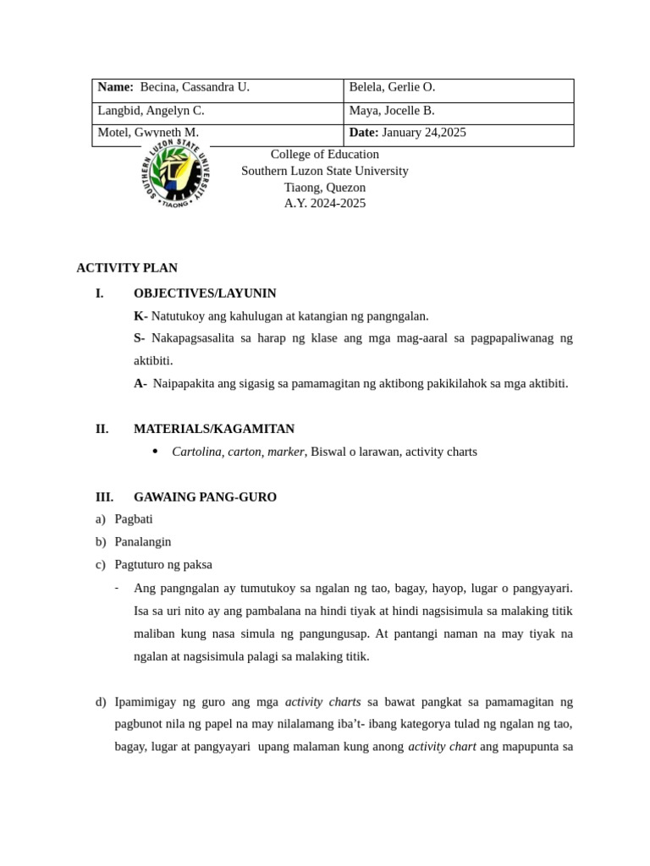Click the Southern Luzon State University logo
click(x=174, y=174)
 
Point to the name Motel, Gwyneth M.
click(x=148, y=133)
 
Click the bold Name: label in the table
click(x=116, y=87)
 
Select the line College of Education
click(x=324, y=155)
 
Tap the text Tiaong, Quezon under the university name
click(x=324, y=188)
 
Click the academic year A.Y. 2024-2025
click(x=324, y=204)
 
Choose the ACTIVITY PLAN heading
click(x=127, y=268)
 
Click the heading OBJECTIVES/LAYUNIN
click(x=205, y=293)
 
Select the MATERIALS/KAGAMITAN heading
click(x=214, y=429)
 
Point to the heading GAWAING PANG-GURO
click(x=205, y=497)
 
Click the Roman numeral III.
click(x=104, y=497)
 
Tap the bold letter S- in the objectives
click(x=140, y=338)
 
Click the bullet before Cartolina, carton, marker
click(x=155, y=452)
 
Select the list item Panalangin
click(x=142, y=542)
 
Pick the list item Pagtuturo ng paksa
click(x=162, y=564)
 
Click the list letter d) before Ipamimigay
click(x=101, y=702)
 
